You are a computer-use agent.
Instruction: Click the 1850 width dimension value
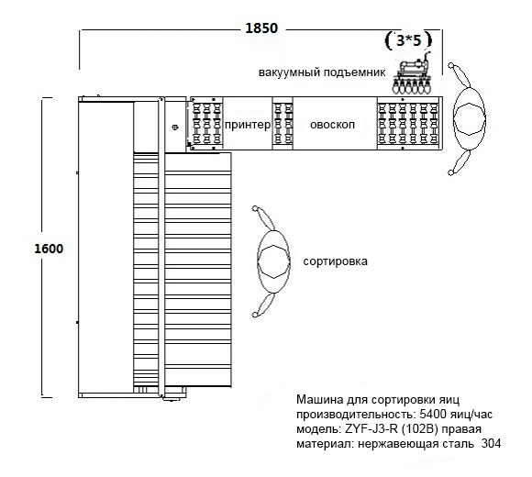[261, 28]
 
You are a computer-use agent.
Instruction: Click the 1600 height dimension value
[49, 249]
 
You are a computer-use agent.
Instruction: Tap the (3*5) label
[408, 40]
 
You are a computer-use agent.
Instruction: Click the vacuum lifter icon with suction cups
[412, 73]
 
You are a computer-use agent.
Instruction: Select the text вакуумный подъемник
[322, 72]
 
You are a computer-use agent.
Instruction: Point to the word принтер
[248, 125]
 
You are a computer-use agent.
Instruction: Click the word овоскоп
[332, 125]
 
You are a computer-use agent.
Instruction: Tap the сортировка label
[335, 261]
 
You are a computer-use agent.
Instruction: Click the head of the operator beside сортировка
[273, 261]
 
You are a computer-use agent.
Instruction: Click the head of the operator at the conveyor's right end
[470, 118]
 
